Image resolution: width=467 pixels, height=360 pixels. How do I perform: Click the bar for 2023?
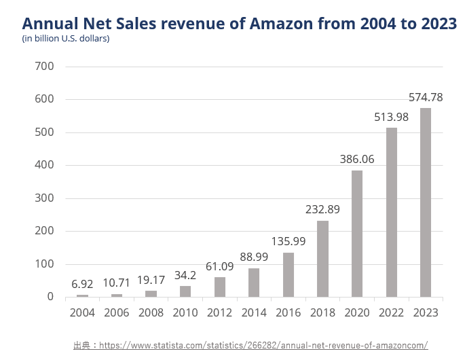point(425,202)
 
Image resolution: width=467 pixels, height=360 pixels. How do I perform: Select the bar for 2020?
point(356,234)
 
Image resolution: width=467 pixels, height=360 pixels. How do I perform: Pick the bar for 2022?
point(391,212)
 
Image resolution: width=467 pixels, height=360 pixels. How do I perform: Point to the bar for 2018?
point(322,259)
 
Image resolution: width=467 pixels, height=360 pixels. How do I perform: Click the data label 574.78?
point(425,98)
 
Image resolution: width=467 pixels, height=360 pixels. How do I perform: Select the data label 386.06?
point(356,160)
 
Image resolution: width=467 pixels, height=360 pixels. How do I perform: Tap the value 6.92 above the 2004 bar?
point(82,284)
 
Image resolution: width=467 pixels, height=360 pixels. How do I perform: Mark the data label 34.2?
point(185,275)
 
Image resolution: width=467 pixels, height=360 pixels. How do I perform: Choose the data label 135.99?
point(288,242)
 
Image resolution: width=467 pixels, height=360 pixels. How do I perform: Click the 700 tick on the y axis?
point(45,67)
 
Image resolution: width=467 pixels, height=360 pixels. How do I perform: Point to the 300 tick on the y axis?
point(45,198)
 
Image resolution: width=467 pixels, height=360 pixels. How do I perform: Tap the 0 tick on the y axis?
point(50,297)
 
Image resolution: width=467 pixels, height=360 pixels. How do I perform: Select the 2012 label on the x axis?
point(219,313)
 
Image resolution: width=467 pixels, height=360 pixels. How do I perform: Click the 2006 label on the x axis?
point(117,313)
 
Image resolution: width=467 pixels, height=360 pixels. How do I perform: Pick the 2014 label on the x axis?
point(254,313)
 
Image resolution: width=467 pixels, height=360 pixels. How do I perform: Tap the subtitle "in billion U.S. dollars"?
point(66,39)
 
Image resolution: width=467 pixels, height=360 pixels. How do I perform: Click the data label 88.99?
point(254,257)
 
